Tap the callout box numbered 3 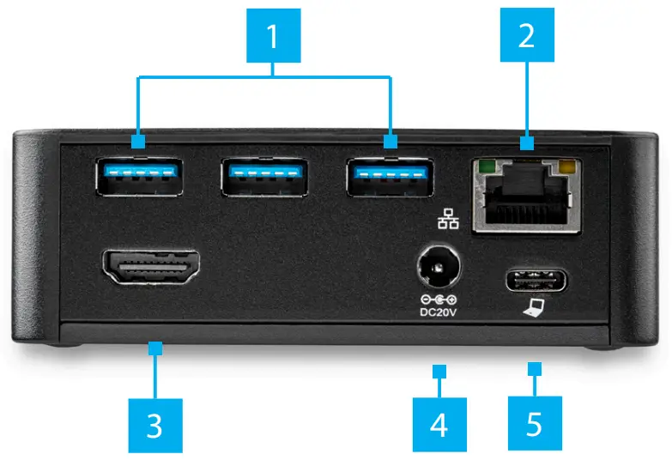click(154, 424)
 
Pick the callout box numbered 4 click(439, 424)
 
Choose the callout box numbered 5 click(534, 424)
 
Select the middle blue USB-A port click(263, 177)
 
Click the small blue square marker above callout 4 click(439, 372)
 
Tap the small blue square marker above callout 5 click(534, 370)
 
